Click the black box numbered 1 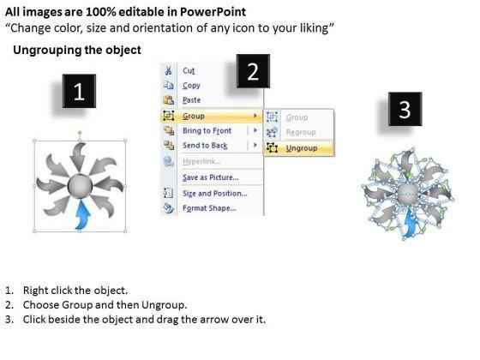(x=79, y=91)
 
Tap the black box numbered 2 (x=253, y=71)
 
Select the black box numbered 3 (x=405, y=109)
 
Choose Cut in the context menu (x=189, y=70)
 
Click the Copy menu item (x=191, y=86)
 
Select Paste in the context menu (x=192, y=100)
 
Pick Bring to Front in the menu (x=207, y=130)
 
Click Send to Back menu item (x=205, y=146)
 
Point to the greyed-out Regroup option (x=301, y=132)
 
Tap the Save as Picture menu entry (x=211, y=177)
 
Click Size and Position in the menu (x=215, y=194)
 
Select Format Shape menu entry (x=209, y=208)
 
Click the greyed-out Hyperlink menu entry (x=202, y=161)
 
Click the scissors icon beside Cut (x=168, y=70)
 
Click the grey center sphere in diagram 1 (x=80, y=185)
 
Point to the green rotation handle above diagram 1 (x=80, y=133)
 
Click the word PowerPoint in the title (x=213, y=12)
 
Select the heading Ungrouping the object (x=77, y=50)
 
